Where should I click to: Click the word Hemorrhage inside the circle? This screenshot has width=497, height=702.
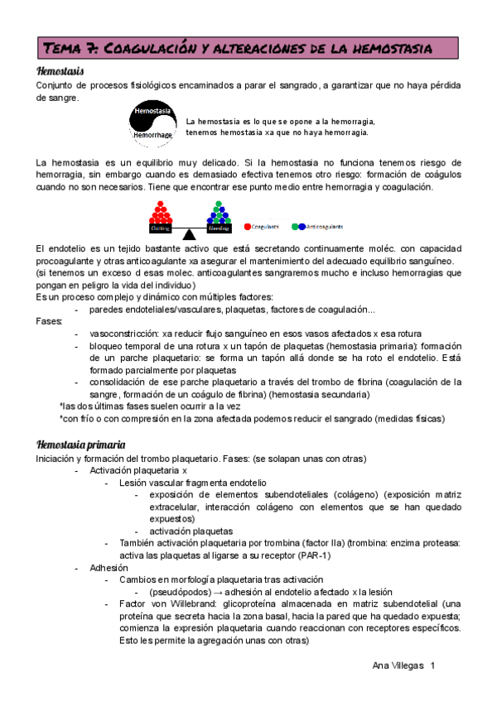(x=153, y=134)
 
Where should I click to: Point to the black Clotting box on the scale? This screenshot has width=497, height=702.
(x=160, y=227)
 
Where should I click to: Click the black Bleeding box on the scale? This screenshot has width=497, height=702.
(x=219, y=227)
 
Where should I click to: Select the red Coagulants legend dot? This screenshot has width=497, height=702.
(x=248, y=226)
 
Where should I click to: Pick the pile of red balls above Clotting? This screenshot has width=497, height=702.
(x=160, y=211)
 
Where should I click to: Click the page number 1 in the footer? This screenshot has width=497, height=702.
(x=432, y=666)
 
